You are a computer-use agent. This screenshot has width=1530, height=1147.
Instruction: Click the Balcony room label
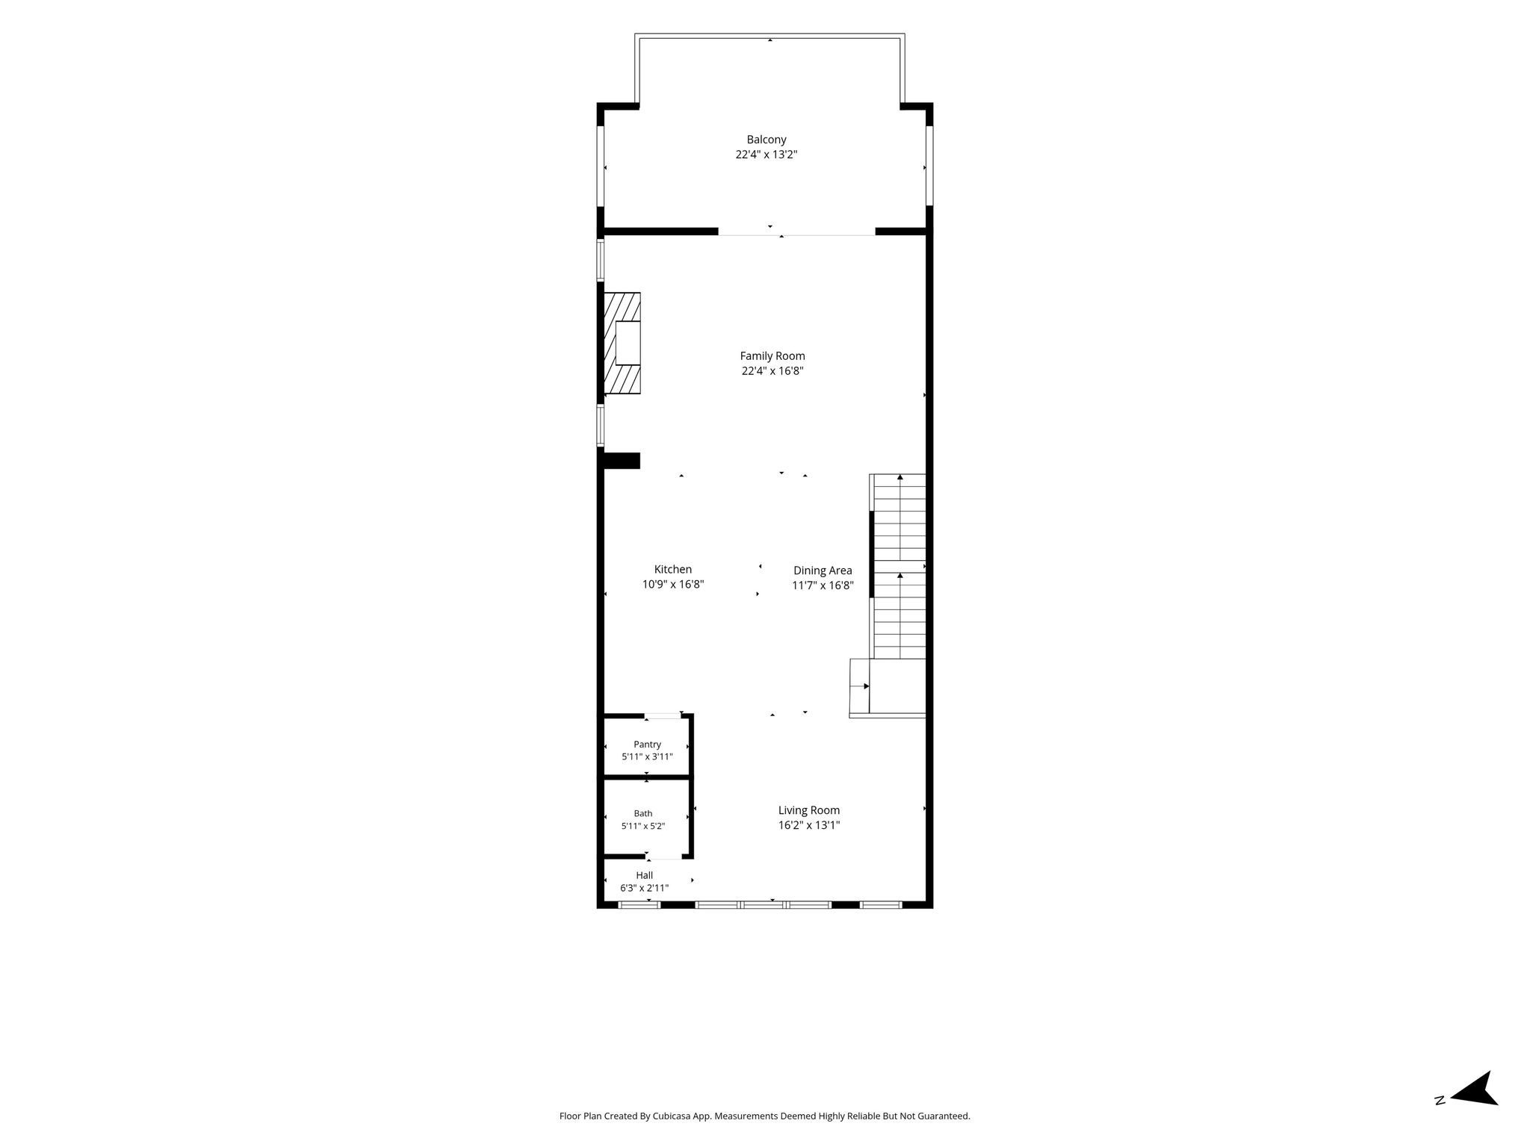(766, 140)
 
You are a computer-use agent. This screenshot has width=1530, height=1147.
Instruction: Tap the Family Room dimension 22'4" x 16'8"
(772, 371)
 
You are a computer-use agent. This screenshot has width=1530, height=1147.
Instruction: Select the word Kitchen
(673, 570)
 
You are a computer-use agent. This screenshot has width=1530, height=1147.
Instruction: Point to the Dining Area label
(823, 571)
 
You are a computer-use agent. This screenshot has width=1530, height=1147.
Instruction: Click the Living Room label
(809, 810)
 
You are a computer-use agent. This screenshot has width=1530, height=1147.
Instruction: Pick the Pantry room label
(648, 745)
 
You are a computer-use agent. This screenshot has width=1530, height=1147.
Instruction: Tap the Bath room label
(643, 814)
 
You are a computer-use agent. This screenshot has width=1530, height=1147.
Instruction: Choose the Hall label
(645, 875)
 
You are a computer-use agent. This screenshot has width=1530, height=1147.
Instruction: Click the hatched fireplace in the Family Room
(622, 343)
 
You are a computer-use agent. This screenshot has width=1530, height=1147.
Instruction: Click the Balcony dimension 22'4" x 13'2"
(766, 155)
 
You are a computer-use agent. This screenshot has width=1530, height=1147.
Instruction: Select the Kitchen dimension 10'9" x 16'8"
(673, 585)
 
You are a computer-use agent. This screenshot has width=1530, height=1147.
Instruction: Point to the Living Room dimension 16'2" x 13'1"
(809, 825)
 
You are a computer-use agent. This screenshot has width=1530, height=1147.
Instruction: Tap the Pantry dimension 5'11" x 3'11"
(648, 756)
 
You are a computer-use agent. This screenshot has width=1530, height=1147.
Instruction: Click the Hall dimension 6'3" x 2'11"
(645, 889)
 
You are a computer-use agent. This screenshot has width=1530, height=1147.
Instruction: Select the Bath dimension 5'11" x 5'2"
(643, 827)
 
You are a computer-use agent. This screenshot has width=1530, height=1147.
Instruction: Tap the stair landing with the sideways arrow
(860, 686)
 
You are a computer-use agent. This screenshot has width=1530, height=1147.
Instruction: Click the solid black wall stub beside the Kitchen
(622, 461)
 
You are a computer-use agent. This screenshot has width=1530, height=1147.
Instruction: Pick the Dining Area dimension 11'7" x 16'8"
(823, 585)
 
